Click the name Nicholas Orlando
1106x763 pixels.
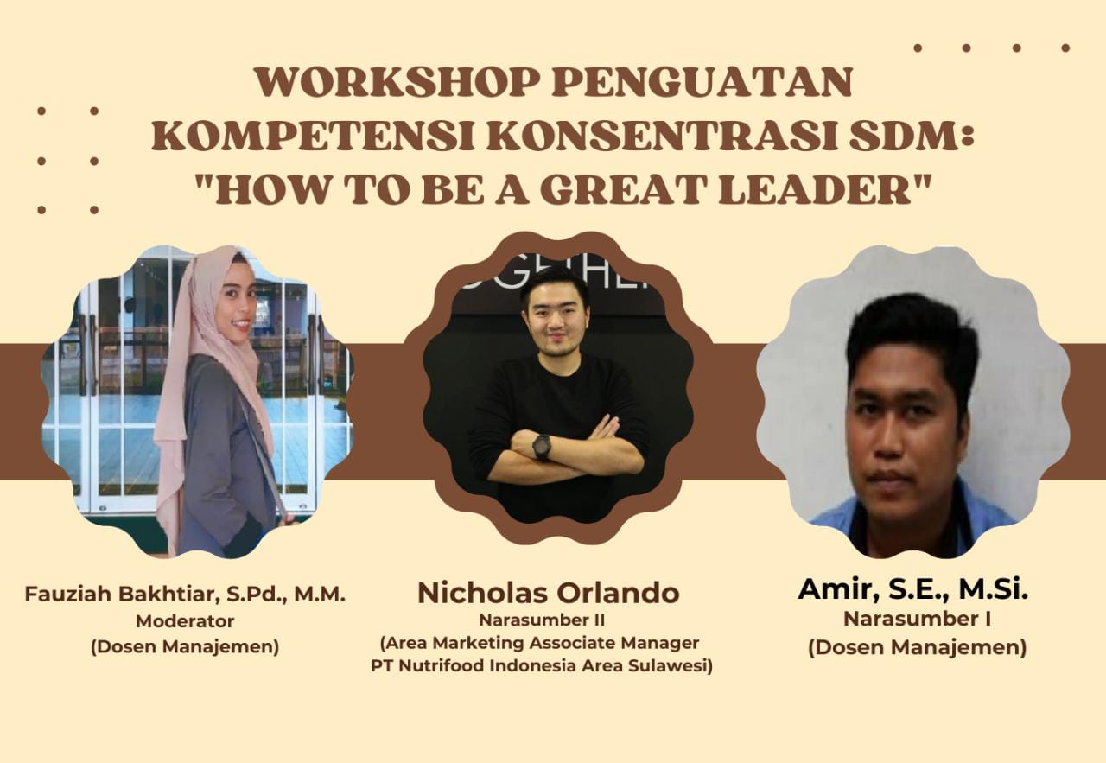tap(548, 594)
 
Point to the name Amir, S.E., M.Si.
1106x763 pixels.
tap(912, 588)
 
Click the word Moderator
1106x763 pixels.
tap(185, 620)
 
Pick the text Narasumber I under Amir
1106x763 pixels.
tap(917, 619)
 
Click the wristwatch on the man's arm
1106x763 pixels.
tap(542, 447)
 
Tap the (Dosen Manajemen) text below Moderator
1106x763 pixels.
tap(185, 647)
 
